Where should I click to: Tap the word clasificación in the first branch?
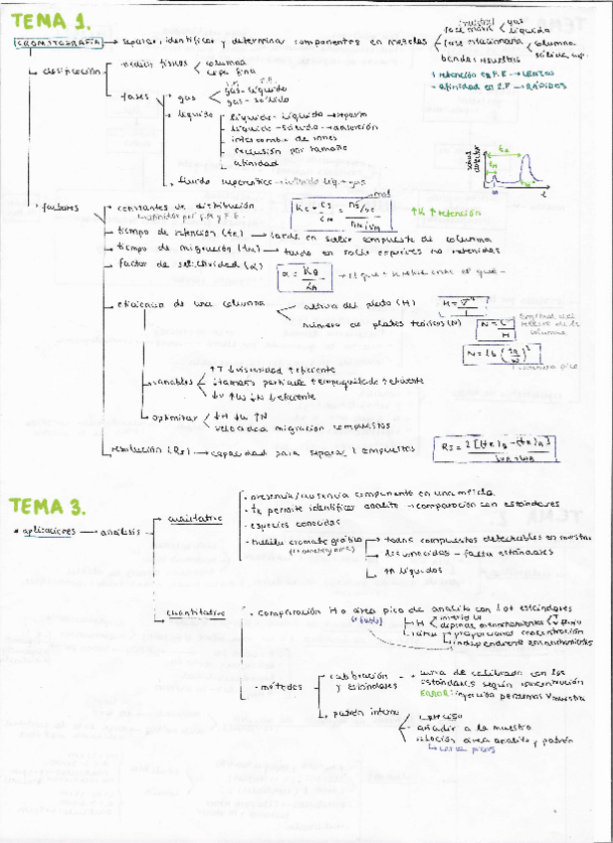pos(74,72)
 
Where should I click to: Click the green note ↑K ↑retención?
pos(445,213)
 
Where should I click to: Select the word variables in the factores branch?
pos(173,381)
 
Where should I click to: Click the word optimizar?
pos(175,416)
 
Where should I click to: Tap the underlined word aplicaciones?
pos(47,532)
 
